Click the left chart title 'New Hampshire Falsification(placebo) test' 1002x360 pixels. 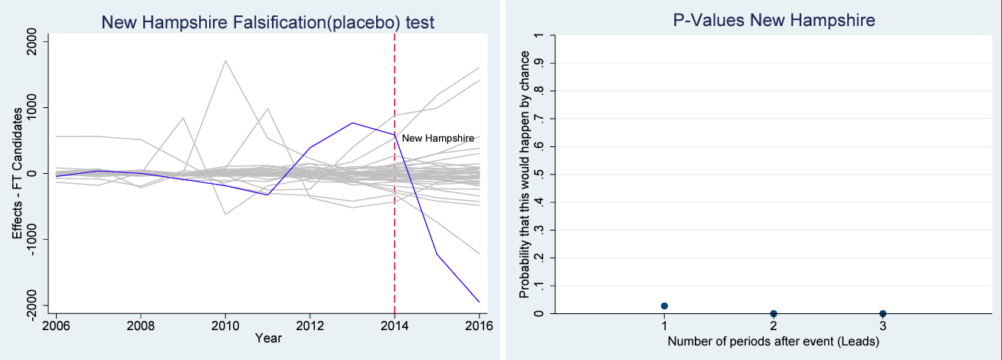(x=268, y=22)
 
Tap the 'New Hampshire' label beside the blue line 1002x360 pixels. (x=437, y=138)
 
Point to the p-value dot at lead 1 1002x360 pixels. (x=664, y=306)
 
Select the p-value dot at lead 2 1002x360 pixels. (x=774, y=313)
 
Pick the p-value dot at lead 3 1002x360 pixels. (x=882, y=313)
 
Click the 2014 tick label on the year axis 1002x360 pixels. (x=394, y=325)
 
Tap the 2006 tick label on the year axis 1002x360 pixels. (x=56, y=325)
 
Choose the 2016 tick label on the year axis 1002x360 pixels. (x=478, y=325)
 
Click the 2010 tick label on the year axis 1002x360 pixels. (x=224, y=325)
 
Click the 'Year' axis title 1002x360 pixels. (x=267, y=337)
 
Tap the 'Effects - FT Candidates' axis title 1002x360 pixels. (x=17, y=173)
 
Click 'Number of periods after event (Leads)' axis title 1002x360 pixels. (x=773, y=342)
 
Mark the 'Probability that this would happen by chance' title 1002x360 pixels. (x=524, y=175)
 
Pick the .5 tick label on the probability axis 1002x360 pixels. (x=541, y=174)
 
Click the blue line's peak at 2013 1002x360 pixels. (x=352, y=123)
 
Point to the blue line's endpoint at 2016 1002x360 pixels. (x=479, y=302)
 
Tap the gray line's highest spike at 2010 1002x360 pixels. (x=225, y=60)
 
